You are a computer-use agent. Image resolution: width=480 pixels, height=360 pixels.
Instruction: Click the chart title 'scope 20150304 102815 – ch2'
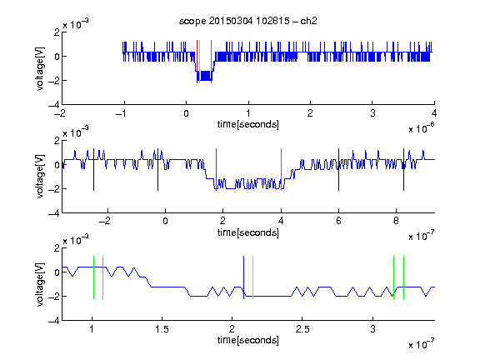click(248, 21)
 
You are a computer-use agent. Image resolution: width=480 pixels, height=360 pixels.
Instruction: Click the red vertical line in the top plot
click(197, 62)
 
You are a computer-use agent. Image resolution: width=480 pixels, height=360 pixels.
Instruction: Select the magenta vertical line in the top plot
click(211, 62)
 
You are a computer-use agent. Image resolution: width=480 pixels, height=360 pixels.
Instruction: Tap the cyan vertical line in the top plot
click(200, 62)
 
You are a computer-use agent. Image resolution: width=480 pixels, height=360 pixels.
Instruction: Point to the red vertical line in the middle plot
click(216, 170)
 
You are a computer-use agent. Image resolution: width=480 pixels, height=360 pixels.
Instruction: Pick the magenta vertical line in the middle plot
click(281, 170)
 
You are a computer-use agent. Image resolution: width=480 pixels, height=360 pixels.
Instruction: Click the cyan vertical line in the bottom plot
click(252, 277)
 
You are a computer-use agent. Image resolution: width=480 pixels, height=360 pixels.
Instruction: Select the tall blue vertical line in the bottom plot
click(243, 277)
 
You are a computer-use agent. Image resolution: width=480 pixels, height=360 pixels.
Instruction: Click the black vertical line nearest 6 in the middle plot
click(338, 170)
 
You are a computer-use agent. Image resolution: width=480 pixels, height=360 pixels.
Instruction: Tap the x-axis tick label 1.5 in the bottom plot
click(162, 329)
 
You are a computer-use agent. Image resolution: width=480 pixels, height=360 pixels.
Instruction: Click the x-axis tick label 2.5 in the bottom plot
click(302, 329)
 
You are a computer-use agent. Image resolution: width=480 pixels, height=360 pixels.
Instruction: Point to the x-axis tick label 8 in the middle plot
click(396, 221)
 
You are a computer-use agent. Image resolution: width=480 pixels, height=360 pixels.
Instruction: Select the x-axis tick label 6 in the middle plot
click(338, 221)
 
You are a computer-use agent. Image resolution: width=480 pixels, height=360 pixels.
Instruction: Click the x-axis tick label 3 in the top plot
click(372, 113)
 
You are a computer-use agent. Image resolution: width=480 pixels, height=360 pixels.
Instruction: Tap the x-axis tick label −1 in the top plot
click(122, 113)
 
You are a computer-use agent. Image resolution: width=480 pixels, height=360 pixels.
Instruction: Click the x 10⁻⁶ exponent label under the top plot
click(422, 128)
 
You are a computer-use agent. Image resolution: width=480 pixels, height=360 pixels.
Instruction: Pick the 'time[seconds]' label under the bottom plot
click(248, 340)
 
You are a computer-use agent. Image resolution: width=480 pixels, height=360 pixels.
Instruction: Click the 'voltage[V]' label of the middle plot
click(40, 177)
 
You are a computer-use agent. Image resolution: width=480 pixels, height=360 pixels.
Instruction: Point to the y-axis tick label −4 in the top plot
click(54, 105)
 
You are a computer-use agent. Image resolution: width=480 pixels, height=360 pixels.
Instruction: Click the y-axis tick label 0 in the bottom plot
click(57, 272)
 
